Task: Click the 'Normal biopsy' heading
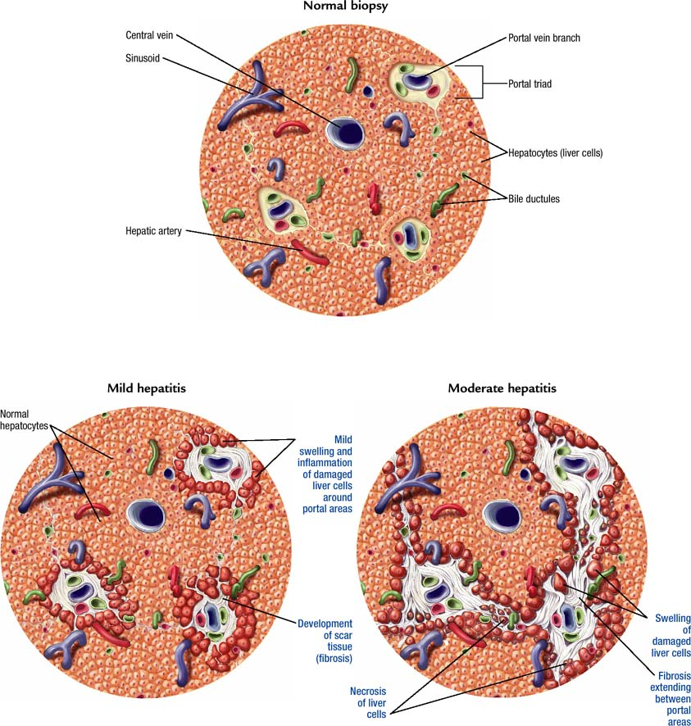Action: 346,6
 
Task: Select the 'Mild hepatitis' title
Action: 147,388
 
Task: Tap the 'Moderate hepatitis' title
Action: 502,388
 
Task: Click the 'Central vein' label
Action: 149,35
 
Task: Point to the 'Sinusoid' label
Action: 142,58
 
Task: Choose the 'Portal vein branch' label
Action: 544,38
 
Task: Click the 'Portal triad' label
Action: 530,84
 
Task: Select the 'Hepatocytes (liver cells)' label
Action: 555,152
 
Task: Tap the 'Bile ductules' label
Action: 534,198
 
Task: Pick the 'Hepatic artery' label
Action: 154,230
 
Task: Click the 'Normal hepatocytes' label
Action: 24,420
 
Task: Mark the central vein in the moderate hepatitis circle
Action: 502,515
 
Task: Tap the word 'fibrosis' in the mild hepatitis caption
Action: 334,659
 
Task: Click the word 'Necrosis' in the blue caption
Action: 368,692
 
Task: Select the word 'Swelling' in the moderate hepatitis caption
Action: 672,618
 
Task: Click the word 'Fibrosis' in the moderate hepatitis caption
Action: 675,676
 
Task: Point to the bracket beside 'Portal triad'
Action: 482,83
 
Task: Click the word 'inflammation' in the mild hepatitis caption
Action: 325,462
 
